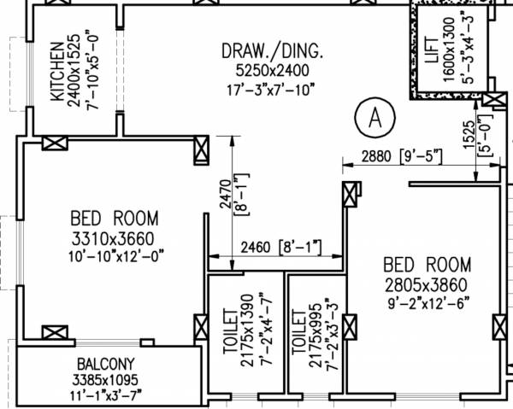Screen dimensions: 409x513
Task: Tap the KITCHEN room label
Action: (x=56, y=70)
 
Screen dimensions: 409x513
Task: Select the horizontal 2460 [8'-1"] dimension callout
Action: (x=268, y=248)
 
